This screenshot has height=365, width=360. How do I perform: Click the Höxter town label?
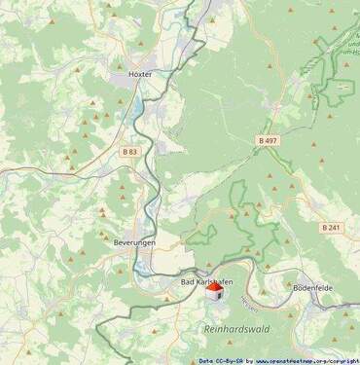coord(141,74)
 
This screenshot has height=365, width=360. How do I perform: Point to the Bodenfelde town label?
coord(314,288)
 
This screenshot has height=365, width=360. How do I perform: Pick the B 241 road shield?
coord(331,227)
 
